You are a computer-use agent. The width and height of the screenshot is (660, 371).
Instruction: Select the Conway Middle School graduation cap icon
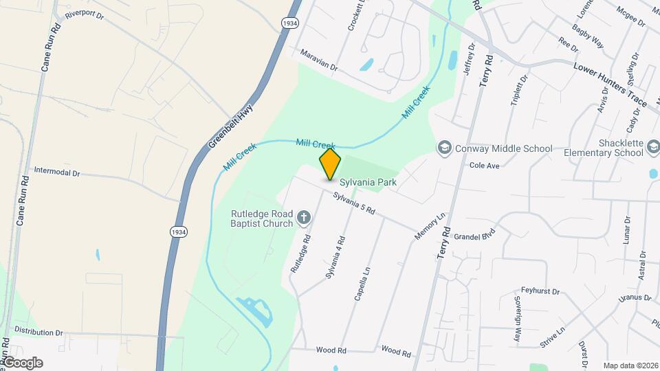[x=445, y=148]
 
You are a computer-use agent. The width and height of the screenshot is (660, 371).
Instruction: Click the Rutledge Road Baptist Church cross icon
[x=303, y=218]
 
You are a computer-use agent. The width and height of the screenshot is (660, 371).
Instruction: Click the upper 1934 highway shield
[x=289, y=23]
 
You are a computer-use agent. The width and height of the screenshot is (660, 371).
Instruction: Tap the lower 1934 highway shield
[x=179, y=232]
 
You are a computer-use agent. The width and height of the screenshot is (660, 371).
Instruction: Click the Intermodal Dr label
[x=57, y=172]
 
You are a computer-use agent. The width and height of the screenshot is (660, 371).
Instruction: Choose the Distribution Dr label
[x=38, y=332]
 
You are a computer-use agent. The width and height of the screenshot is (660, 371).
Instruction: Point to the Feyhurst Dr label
[x=541, y=291]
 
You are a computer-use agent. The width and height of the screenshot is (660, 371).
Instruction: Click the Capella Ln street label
[x=363, y=284]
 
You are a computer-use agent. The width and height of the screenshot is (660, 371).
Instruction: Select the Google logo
[x=23, y=363]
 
